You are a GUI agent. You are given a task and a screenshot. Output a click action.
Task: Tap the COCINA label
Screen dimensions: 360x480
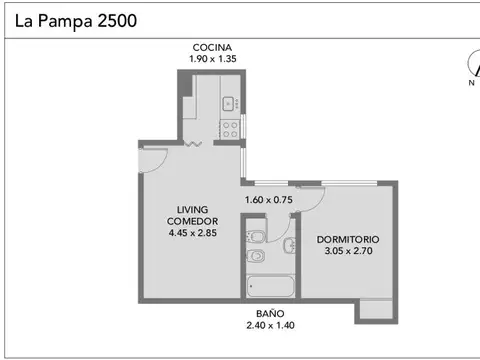point(213,47)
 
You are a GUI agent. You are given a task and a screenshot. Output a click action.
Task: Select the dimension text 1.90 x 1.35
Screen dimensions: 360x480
point(213,59)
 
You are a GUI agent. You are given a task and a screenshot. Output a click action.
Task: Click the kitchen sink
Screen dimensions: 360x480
point(228,102)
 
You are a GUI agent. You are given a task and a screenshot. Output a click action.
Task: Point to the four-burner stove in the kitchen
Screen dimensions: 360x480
point(230,127)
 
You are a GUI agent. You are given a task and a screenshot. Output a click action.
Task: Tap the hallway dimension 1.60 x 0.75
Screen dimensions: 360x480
point(270,199)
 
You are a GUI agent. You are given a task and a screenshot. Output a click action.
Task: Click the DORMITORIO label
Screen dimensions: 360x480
point(348,240)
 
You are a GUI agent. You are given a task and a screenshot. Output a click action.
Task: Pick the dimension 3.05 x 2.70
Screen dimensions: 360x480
point(348,253)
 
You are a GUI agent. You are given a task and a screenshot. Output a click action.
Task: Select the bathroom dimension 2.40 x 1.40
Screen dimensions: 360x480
point(270,326)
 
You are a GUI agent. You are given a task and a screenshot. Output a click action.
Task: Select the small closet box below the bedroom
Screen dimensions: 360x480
point(377,310)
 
